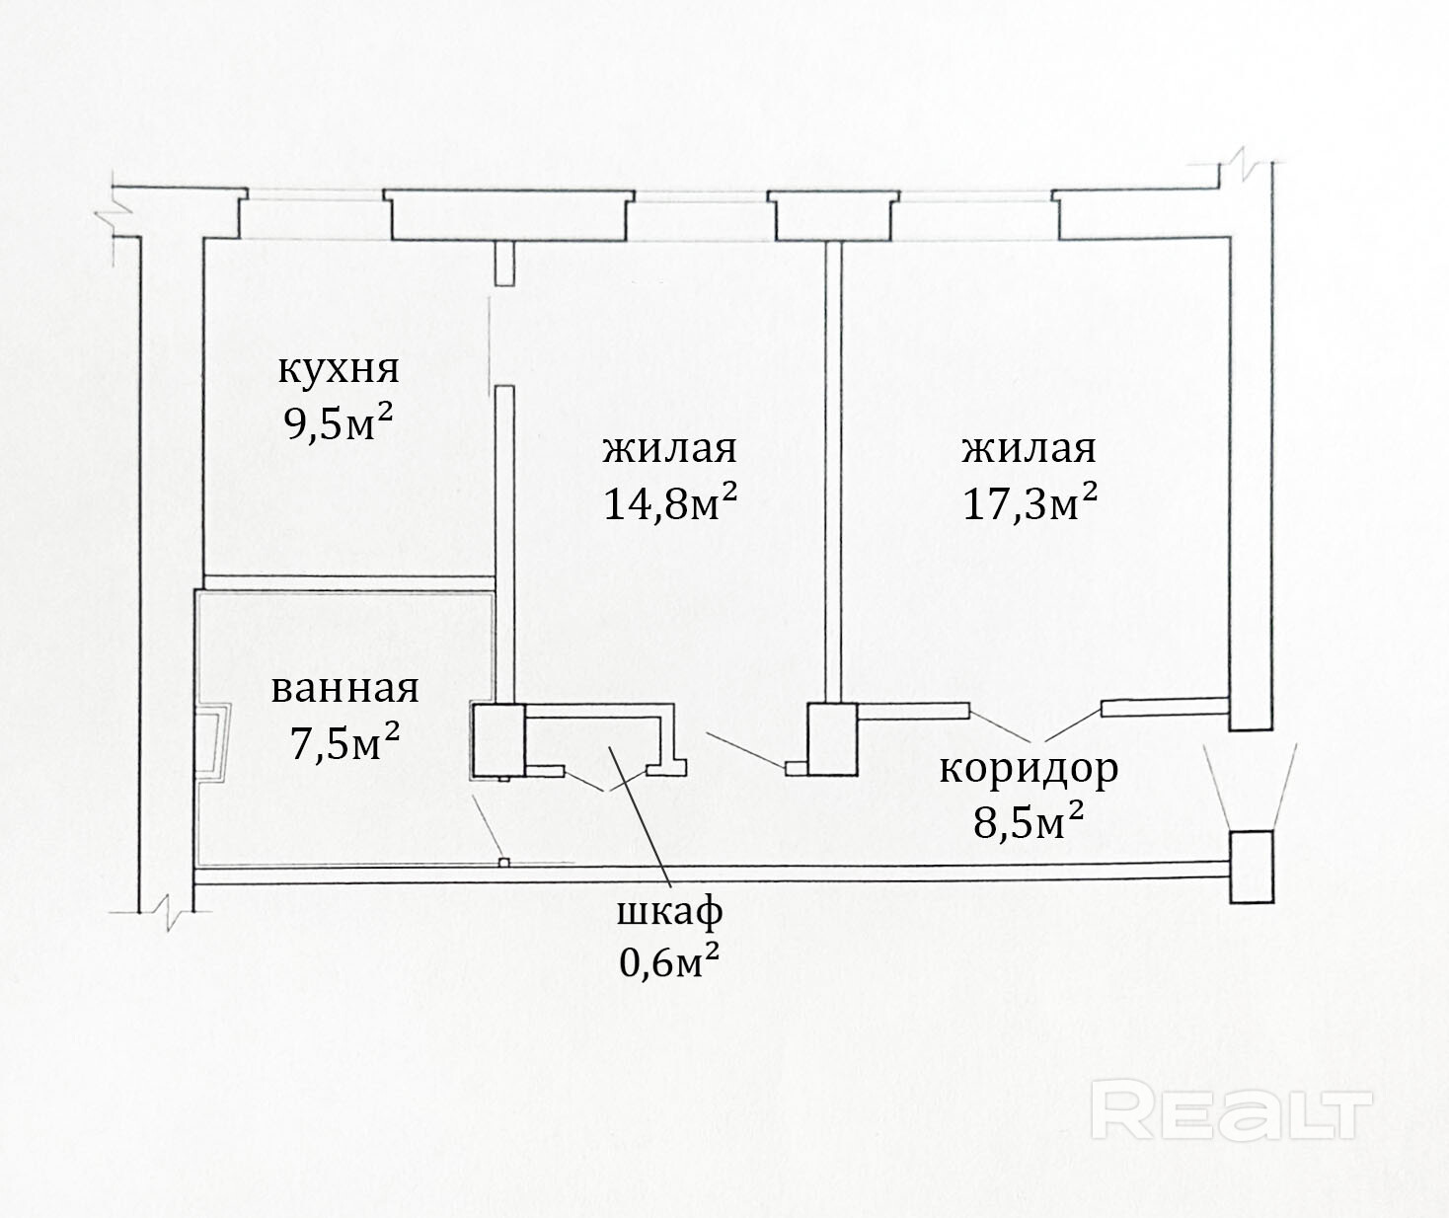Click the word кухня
(339, 370)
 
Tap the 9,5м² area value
(339, 423)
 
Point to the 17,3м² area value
(1030, 502)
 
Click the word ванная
(344, 689)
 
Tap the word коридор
(1029, 768)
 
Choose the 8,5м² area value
(1029, 821)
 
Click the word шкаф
(669, 911)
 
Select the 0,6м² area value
(668, 960)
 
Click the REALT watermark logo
(1232, 1109)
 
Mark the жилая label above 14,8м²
(670, 449)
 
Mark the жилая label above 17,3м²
(1030, 449)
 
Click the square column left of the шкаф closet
(498, 740)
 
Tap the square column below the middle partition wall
(832, 738)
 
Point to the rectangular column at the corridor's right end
(1252, 867)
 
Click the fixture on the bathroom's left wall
(214, 741)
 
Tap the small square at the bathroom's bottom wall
(504, 863)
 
